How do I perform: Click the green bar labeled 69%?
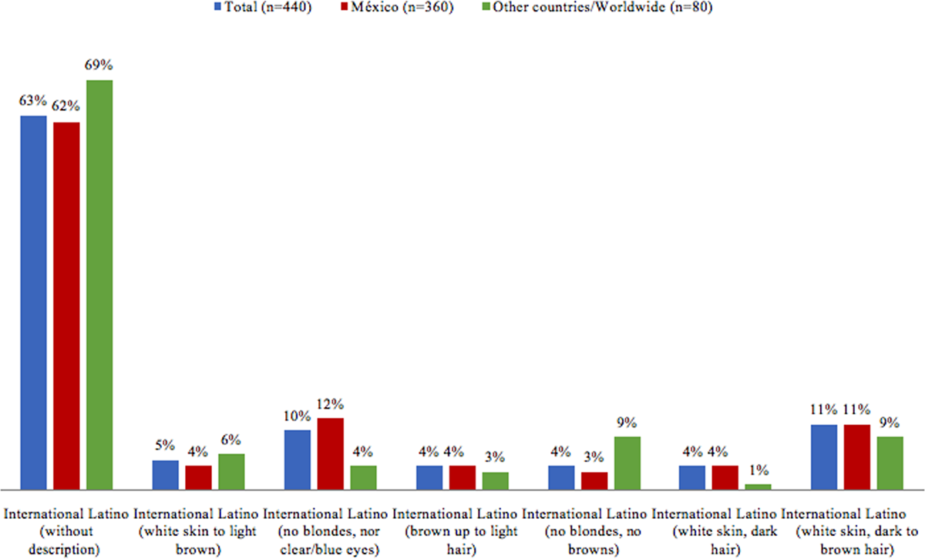coord(99,285)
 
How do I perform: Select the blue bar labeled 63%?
coord(33,303)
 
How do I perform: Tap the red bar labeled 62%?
coord(66,306)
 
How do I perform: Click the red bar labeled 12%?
coord(331,454)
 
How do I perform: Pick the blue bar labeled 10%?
coord(298,460)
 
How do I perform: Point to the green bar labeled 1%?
coord(758,487)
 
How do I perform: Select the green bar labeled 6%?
coord(231,472)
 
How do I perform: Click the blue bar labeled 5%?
coord(166,475)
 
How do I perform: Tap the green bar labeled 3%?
coord(496,481)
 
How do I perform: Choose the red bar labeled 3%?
coord(594,481)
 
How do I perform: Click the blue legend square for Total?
coord(217,7)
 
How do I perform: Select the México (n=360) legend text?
coord(402,7)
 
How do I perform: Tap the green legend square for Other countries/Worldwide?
coord(486,7)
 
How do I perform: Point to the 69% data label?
coord(99,65)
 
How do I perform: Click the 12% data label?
coord(330,404)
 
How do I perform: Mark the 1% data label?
coord(758,470)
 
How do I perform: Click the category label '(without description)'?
coord(66,540)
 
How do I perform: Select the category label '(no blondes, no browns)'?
coord(593,540)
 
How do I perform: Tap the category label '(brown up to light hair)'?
coord(461,540)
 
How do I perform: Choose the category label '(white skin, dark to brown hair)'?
coord(857,540)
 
